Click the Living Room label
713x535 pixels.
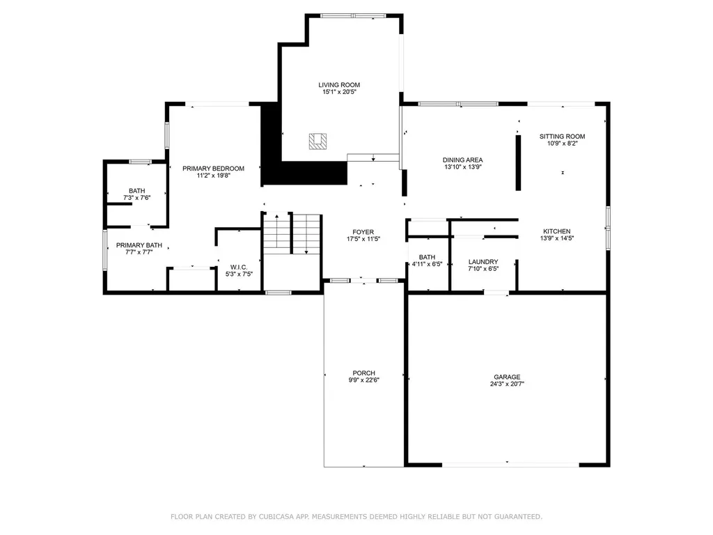coord(339,85)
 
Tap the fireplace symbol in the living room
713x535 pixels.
coord(318,141)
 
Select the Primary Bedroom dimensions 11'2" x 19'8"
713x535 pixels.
coord(213,176)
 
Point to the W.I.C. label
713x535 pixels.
coord(239,267)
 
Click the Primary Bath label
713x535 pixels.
coord(139,245)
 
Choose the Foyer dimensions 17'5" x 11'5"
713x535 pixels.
coord(363,239)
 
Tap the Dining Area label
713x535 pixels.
coord(462,160)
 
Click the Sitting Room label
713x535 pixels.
coord(562,137)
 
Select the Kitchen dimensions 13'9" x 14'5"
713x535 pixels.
coord(557,238)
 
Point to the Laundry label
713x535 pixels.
coord(483,262)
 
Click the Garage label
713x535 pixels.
coord(507,377)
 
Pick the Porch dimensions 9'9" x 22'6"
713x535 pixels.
coord(363,380)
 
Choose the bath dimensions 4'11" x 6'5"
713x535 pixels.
coord(427,264)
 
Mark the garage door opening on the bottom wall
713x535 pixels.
coord(510,465)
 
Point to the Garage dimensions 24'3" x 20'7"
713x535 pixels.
coord(507,384)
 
